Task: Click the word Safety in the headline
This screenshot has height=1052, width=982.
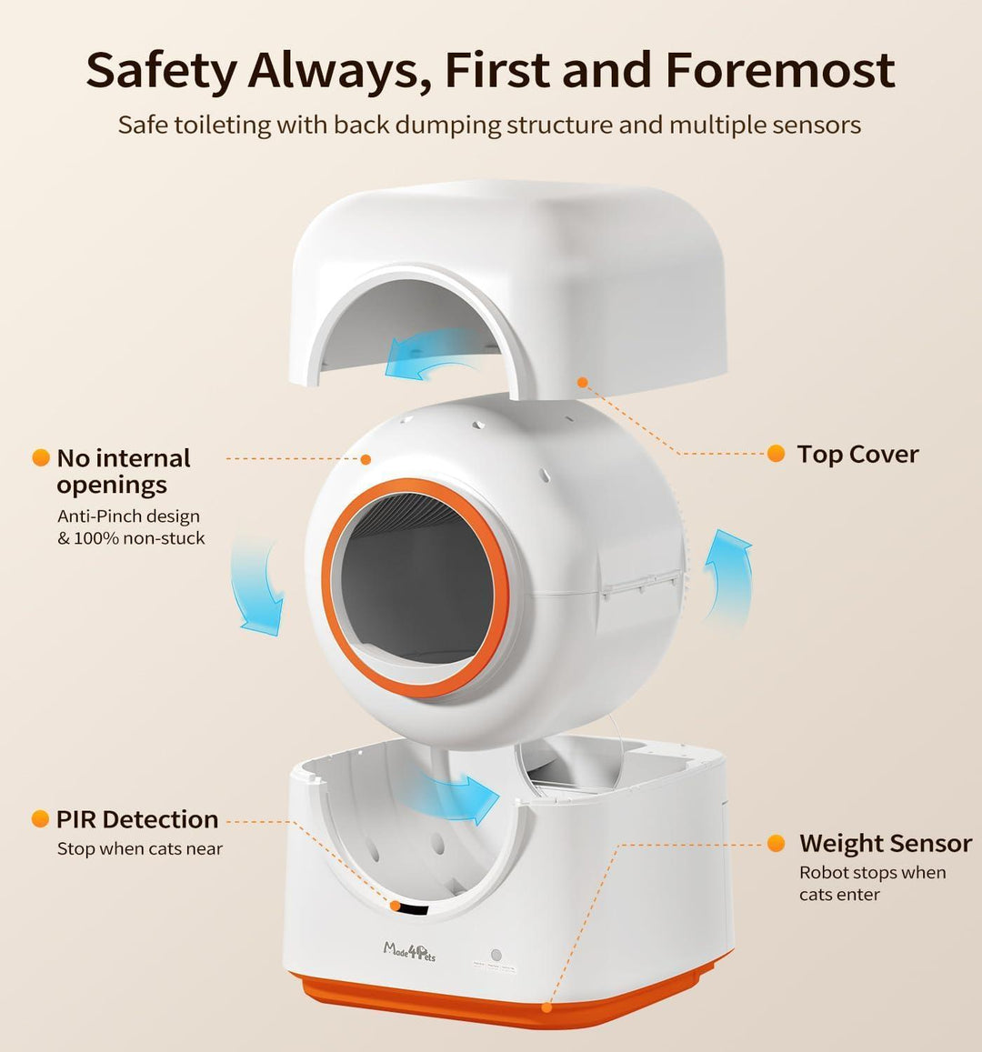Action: [161, 71]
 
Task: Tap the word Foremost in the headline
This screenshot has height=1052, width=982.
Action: [780, 71]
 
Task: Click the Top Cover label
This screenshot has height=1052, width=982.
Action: [857, 455]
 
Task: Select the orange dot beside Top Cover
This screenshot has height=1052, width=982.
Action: [776, 454]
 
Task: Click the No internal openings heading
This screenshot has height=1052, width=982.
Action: [124, 471]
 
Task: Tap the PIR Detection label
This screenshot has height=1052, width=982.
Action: [137, 819]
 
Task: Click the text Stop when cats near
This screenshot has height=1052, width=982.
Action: [139, 849]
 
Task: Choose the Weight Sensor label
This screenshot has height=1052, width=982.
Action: [886, 844]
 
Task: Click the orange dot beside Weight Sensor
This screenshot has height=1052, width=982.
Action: [776, 844]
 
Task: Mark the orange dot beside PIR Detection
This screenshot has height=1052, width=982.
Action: [40, 819]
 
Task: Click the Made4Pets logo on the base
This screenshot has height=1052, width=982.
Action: [409, 952]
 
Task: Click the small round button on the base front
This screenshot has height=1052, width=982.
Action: [496, 956]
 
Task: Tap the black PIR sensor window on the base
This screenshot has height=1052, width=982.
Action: [415, 908]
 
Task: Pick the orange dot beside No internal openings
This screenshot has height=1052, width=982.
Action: [40, 458]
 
